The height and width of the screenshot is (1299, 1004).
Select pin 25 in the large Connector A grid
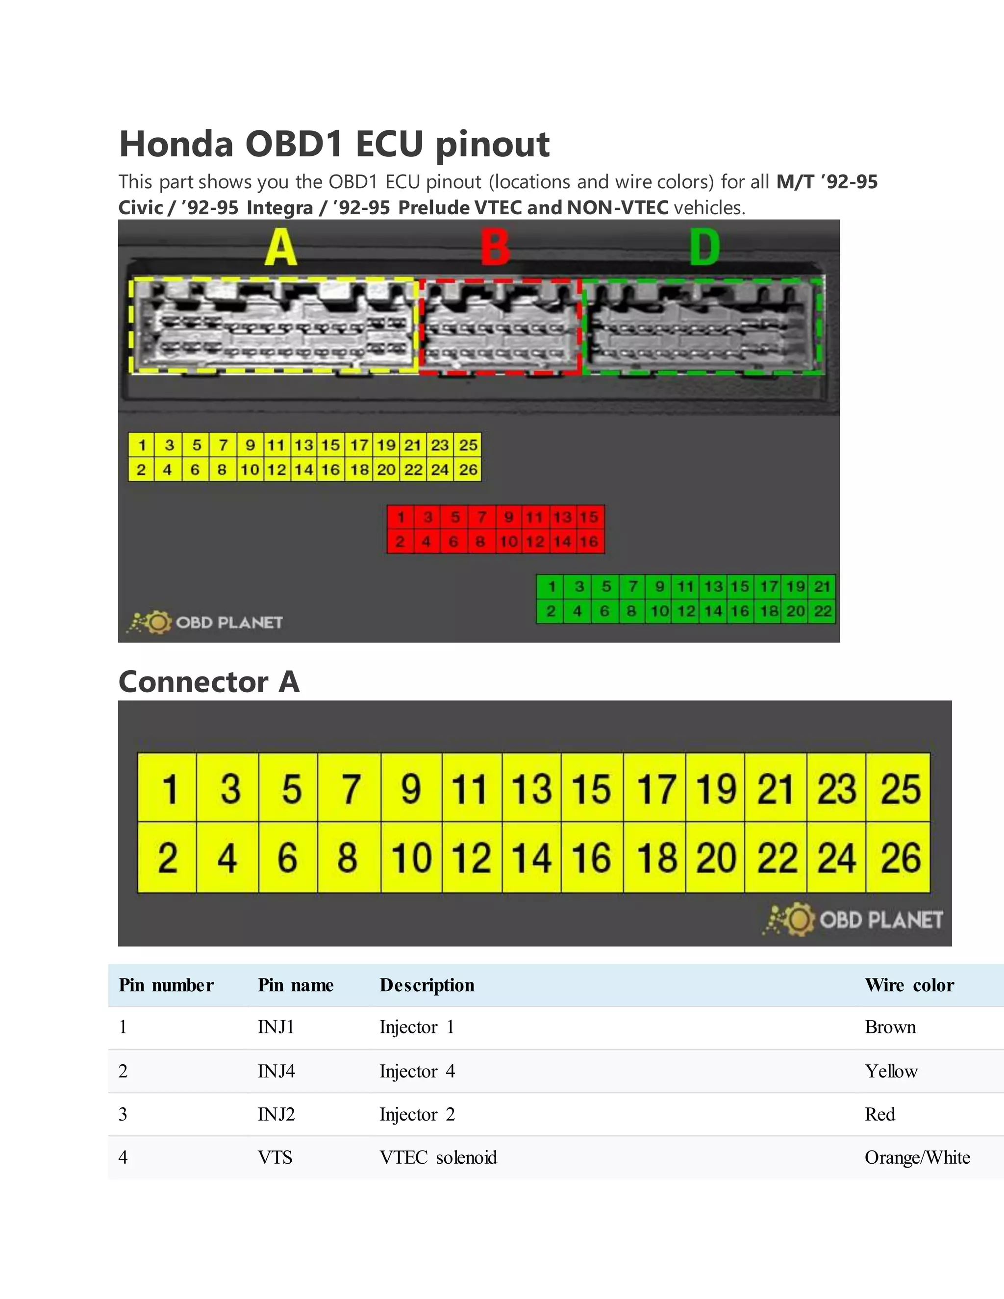pyautogui.click(x=899, y=789)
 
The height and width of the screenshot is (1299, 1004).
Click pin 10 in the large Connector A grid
pyautogui.click(x=411, y=858)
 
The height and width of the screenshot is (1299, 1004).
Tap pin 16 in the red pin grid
pyautogui.click(x=589, y=542)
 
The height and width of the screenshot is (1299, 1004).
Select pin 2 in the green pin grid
pyautogui.click(x=551, y=611)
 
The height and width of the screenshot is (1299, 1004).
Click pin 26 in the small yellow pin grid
pyautogui.click(x=468, y=470)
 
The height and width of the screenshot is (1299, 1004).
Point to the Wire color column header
pyautogui.click(x=909, y=985)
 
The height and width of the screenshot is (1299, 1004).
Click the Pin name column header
pyautogui.click(x=296, y=985)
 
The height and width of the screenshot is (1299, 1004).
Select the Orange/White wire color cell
pyautogui.click(x=917, y=1157)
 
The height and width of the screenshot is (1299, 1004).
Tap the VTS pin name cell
pyautogui.click(x=275, y=1157)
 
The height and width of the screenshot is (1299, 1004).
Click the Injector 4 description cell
pyautogui.click(x=417, y=1071)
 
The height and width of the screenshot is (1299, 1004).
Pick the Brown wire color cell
pyautogui.click(x=890, y=1027)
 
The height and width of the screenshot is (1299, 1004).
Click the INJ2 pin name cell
pyautogui.click(x=276, y=1114)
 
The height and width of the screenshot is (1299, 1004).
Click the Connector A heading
pyautogui.click(x=209, y=682)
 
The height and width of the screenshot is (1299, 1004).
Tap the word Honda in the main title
pyautogui.click(x=176, y=144)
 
